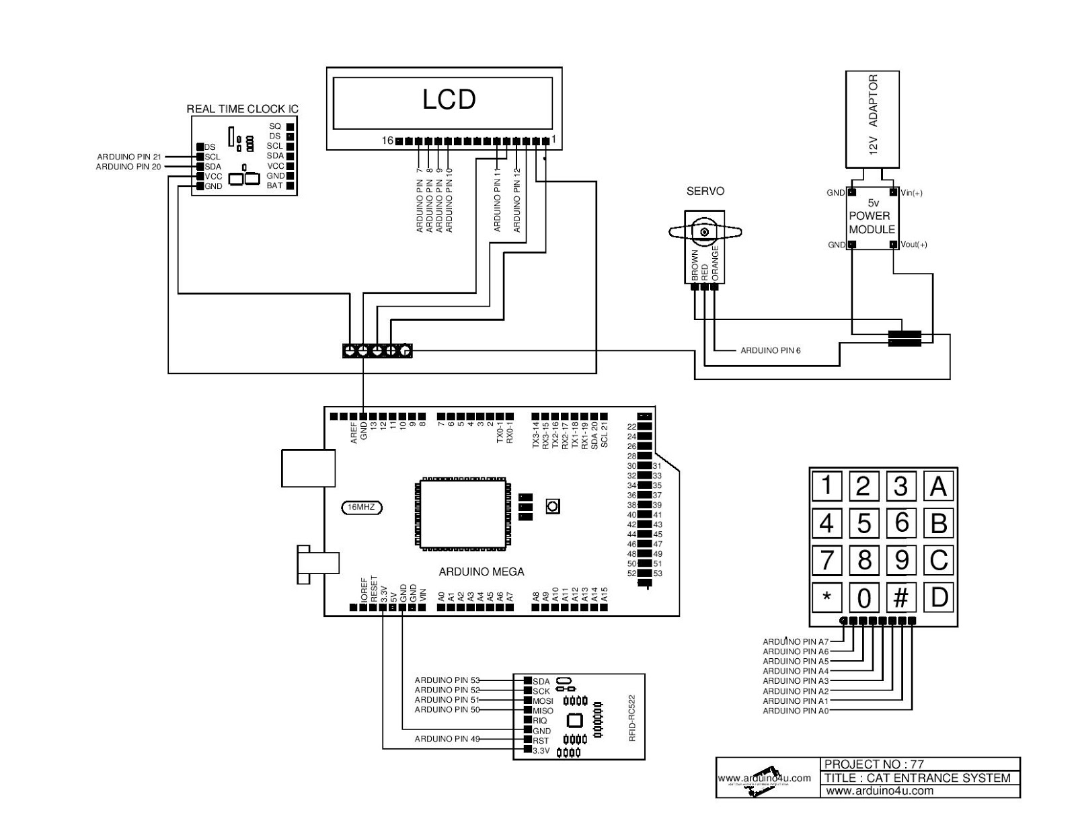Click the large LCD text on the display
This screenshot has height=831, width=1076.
449,100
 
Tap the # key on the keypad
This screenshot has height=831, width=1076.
901,597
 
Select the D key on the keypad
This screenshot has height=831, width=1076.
939,597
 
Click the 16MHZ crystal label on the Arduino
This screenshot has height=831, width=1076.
361,508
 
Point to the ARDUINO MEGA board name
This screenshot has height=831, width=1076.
481,572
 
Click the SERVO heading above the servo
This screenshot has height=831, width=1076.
705,192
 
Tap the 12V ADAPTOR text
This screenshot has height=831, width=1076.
873,115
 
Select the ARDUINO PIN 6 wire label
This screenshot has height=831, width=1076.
770,350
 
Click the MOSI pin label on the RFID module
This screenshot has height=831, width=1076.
543,701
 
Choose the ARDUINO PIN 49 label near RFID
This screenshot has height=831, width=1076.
447,739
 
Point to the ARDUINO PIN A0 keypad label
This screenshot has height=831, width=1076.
795,711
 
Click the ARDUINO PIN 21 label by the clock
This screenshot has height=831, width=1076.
129,157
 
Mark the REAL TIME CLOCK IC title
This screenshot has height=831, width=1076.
242,109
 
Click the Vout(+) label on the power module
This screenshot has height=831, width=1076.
914,245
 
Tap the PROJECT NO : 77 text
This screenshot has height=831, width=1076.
874,764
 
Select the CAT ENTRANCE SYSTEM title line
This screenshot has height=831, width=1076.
917,778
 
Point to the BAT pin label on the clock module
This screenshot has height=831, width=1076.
274,186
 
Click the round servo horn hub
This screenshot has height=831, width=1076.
705,233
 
